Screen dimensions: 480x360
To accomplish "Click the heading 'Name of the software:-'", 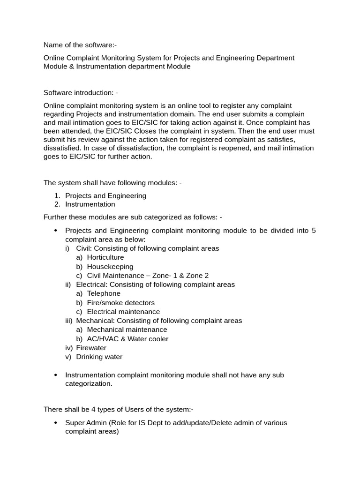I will pos(80,45).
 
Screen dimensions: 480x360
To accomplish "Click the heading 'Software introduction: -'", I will pos(81,93).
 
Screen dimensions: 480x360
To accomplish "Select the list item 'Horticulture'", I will pos(105,257).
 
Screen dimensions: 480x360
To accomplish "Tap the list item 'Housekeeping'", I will pos(110,267).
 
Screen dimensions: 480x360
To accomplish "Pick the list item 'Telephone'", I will pos(104,293).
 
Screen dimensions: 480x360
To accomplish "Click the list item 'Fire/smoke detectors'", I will pos(120,303).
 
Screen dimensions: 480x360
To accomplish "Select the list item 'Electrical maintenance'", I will pos(123,312).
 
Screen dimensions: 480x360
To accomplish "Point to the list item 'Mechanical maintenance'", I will pos(127,330).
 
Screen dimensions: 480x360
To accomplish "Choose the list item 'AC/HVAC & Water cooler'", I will pos(127,339).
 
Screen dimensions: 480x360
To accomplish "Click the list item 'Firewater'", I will pos(91,348).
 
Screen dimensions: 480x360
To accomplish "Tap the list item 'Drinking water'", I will pos(99,357).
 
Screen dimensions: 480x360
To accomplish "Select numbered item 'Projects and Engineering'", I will pos(105,195).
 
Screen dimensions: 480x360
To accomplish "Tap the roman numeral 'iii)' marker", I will pos(69,321).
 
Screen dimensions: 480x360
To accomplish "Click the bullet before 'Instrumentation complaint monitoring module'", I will pos(56,375).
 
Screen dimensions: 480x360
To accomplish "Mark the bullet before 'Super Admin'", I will pos(56,423).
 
